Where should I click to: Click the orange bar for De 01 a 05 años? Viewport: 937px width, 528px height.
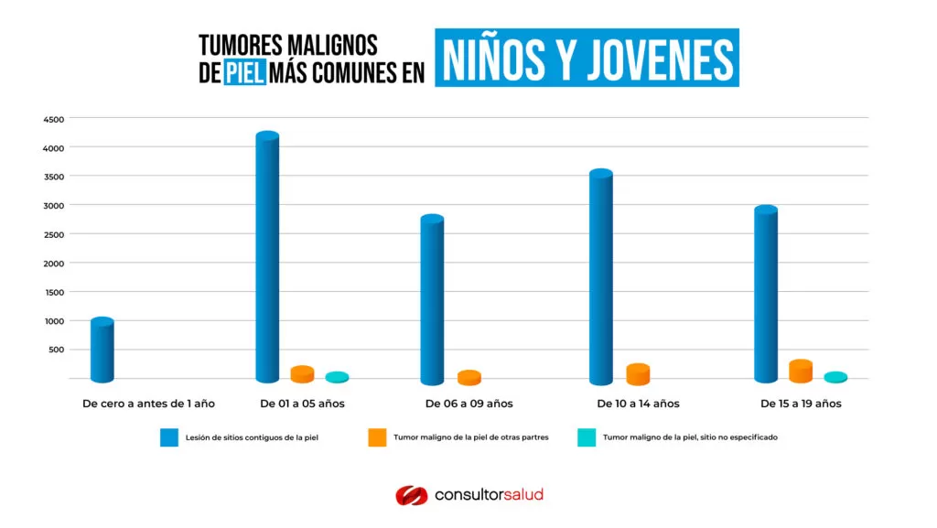point(302,374)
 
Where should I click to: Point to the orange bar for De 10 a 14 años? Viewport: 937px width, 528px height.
point(638,373)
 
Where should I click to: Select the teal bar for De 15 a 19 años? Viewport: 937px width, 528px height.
point(835,377)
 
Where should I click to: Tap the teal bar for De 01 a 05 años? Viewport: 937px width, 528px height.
point(337,377)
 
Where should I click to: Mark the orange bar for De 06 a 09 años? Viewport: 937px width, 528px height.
point(468,378)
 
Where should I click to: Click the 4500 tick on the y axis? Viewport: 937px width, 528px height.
point(53,119)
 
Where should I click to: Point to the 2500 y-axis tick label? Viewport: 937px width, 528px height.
point(53,234)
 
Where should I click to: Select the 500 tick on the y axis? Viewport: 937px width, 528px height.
point(56,350)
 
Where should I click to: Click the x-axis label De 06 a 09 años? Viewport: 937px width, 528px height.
point(468,404)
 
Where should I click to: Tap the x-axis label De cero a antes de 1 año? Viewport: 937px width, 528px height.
point(148,404)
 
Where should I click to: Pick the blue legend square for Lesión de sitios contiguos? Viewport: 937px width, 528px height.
point(169,437)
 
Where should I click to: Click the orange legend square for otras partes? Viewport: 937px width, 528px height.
point(377,437)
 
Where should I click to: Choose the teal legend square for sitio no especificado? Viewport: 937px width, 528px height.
point(586,437)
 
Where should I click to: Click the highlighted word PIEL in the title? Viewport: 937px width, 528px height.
point(244,74)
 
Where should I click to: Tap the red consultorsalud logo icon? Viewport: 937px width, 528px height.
point(411,495)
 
